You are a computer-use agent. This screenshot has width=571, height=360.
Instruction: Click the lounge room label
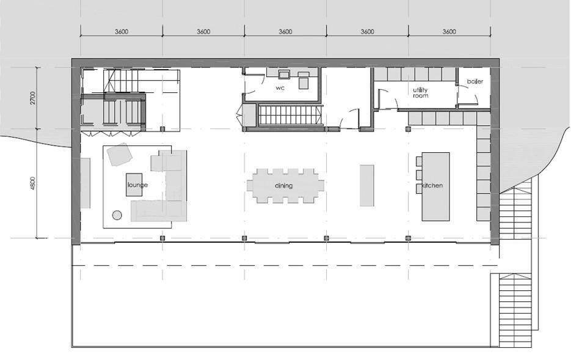tap(137, 185)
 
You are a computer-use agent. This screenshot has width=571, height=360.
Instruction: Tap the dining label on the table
tap(283, 186)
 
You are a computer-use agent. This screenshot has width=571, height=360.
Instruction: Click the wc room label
tap(280, 88)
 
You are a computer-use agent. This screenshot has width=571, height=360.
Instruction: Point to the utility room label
tap(420, 93)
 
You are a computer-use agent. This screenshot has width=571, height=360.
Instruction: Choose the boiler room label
tap(475, 81)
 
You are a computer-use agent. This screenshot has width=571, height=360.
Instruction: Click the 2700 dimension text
tap(34, 98)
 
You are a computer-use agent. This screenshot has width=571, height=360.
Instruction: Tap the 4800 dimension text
tap(34, 183)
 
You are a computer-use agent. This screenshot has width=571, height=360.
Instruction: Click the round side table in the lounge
tap(117, 215)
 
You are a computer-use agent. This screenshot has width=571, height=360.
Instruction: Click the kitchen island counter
tap(436, 186)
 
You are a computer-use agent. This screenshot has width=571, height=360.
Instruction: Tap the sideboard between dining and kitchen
tap(366, 185)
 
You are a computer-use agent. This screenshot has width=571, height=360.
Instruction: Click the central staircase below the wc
tap(290, 115)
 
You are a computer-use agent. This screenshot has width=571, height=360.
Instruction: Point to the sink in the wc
tap(284, 75)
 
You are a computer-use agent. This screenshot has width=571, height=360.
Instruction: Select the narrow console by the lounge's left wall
tap(85, 183)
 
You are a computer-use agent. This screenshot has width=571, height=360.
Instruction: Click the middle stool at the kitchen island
tap(419, 175)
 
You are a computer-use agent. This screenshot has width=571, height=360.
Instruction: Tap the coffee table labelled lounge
tap(135, 185)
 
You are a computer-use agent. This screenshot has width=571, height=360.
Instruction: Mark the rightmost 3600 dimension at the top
tap(449, 32)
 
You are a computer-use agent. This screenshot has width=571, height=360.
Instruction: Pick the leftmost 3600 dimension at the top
tap(121, 32)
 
